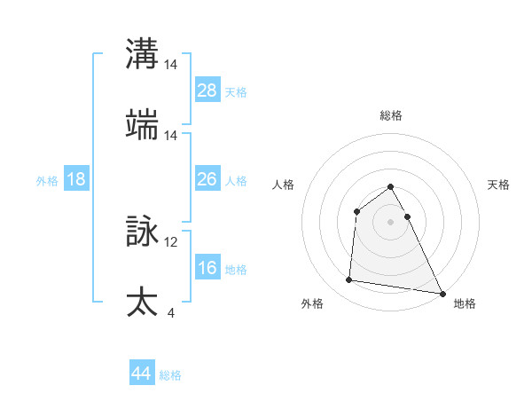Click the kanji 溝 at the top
point(142,54)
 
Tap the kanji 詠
point(142,231)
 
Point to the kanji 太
point(142,302)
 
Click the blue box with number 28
point(207,90)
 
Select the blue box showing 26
point(207,179)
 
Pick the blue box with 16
point(207,268)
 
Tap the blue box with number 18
point(76,179)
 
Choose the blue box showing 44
point(142,373)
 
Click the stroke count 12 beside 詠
point(171,241)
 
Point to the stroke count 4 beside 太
point(170,312)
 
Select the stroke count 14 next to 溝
point(171,65)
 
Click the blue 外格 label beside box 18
point(47,180)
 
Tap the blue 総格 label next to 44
point(170,374)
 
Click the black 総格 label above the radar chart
point(391,115)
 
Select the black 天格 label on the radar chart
point(498,185)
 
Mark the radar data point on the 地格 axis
point(442,293)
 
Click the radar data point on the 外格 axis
point(349,280)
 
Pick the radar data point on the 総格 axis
point(391,187)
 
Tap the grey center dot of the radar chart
point(391,221)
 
